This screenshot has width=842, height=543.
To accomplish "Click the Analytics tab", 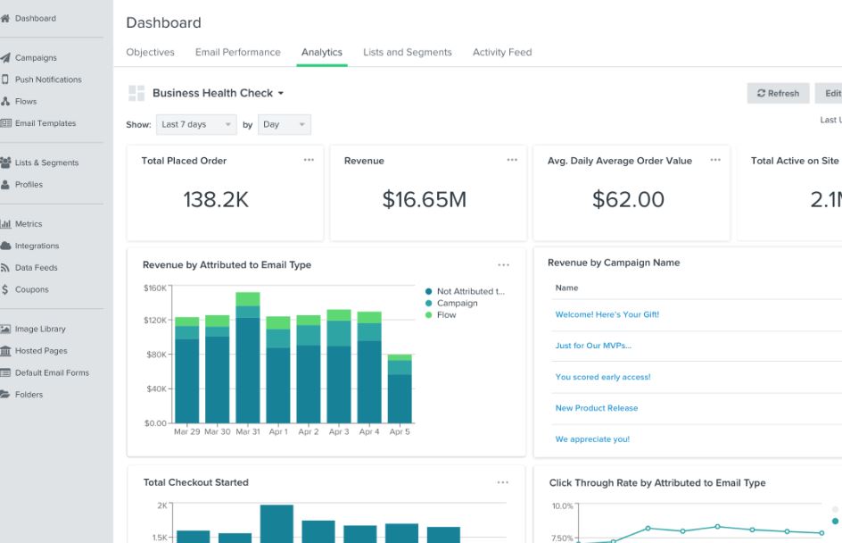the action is click(322, 52).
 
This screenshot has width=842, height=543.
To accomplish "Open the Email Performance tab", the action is click(238, 52).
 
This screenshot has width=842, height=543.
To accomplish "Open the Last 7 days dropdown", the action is click(196, 124).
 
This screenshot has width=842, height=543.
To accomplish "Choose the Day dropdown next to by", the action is click(284, 124).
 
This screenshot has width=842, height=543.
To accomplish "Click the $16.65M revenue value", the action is click(425, 199).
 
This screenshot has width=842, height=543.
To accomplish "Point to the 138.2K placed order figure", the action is click(216, 199).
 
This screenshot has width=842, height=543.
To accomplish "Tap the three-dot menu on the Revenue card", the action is click(512, 160).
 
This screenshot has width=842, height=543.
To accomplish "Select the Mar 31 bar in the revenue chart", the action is click(248, 357).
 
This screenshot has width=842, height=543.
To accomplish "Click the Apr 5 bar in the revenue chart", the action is click(400, 388).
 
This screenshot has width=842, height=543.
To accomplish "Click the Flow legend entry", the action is click(441, 315).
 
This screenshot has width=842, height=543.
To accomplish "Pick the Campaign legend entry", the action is click(451, 304).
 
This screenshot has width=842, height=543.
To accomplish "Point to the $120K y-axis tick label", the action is click(155, 321).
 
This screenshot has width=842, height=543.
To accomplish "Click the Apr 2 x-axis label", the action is click(309, 431).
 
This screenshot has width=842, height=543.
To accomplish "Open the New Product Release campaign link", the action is click(597, 408).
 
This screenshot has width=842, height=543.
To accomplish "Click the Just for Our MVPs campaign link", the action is click(593, 346).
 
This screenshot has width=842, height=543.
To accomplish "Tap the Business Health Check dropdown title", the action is click(218, 93).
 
